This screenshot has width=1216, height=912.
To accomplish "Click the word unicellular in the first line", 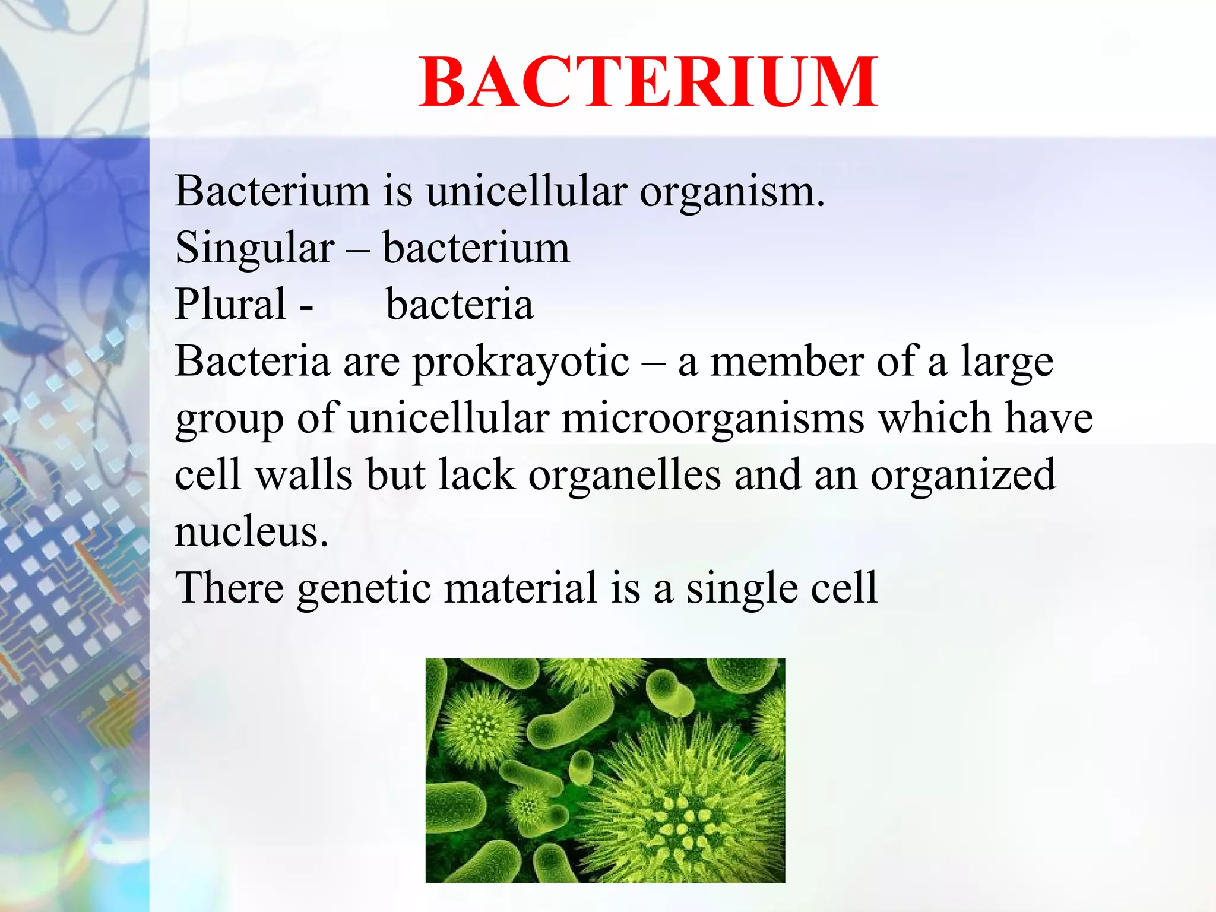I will (526, 192).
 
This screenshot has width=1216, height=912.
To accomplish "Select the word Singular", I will (254, 248).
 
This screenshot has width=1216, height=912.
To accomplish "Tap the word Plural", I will (230, 304).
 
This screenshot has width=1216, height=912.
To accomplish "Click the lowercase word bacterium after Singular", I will (476, 248).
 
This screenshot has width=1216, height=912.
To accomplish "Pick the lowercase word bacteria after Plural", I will (460, 304).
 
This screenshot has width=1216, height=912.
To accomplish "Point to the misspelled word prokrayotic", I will (521, 362).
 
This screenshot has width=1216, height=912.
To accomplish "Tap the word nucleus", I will (251, 531).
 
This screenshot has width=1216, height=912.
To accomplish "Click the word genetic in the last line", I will (364, 588).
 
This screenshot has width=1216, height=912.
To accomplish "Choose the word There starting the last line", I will (229, 587).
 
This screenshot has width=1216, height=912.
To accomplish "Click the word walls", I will (304, 475).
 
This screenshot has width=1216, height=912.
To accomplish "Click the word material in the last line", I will (520, 587).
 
